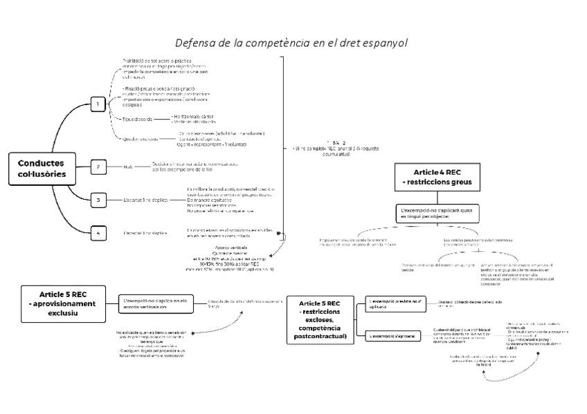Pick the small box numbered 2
[x=99, y=167]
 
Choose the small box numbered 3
[x=99, y=200]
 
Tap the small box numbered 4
[x=99, y=233]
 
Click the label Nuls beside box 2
[x=127, y=167]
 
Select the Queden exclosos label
[x=140, y=138]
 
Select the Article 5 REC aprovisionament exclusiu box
[x=63, y=303]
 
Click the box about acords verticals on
[x=155, y=303]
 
